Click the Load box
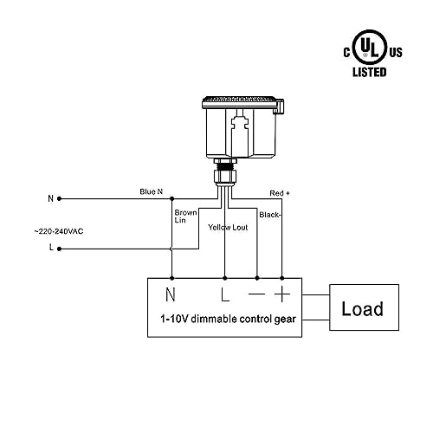click(x=364, y=307)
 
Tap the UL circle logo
click(x=370, y=47)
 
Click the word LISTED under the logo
click(x=370, y=72)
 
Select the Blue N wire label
click(x=152, y=191)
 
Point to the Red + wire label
click(x=280, y=193)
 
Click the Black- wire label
click(x=270, y=215)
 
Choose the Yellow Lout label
click(x=228, y=228)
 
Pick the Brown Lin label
click(x=185, y=216)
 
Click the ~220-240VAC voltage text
click(x=59, y=231)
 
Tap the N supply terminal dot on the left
click(x=59, y=198)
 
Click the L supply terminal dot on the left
click(x=59, y=249)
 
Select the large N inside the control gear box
click(x=171, y=294)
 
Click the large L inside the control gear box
click(x=225, y=294)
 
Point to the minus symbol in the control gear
click(x=256, y=294)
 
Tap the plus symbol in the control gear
click(x=282, y=294)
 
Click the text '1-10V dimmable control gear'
click(x=228, y=319)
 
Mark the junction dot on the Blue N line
click(x=172, y=198)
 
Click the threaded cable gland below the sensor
click(x=225, y=171)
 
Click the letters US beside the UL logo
click(x=396, y=52)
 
